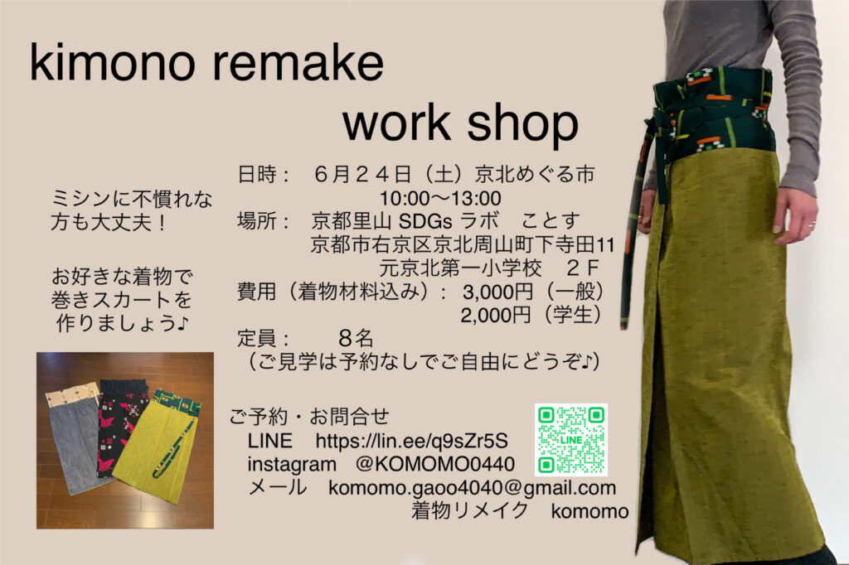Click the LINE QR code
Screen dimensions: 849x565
570,439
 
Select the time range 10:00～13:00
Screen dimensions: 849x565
440,198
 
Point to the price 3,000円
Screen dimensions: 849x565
498,292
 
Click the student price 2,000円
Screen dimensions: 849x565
496,315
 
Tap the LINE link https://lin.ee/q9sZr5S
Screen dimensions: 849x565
412,441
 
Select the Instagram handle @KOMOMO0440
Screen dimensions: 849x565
435,464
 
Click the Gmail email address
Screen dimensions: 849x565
472,488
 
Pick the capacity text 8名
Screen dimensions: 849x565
356,338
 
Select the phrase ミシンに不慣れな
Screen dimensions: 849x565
132,199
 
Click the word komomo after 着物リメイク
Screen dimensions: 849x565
589,511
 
